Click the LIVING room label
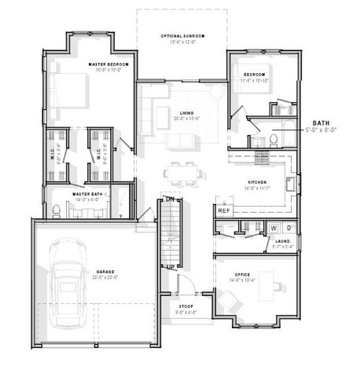tap(186, 113)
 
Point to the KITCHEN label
tap(258, 183)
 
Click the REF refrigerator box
tap(223, 210)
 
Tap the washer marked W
tap(274, 229)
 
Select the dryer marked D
tap(288, 229)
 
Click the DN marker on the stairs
tap(168, 200)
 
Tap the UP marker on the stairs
tap(167, 268)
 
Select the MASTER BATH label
tap(87, 194)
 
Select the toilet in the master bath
tap(56, 210)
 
